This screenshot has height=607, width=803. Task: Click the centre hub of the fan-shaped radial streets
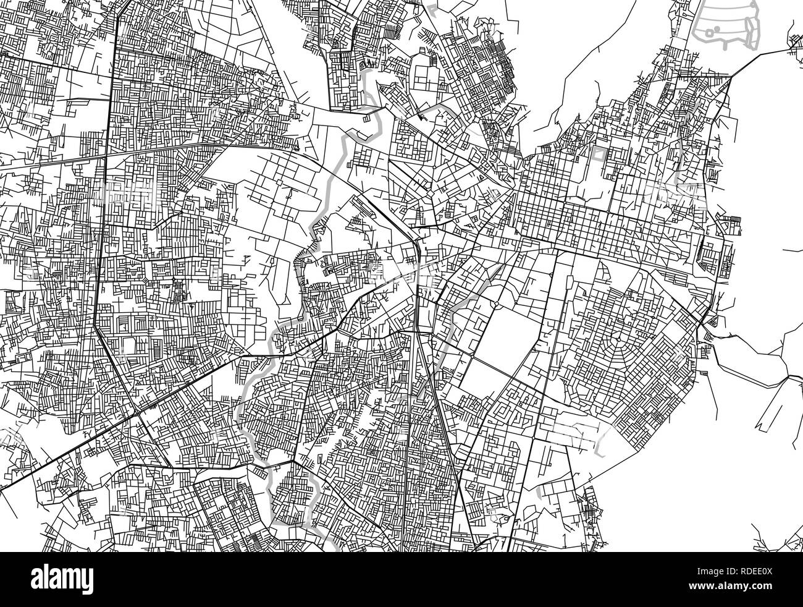click(x=618, y=339)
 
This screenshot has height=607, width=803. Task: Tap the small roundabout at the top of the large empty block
click(x=495, y=304)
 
